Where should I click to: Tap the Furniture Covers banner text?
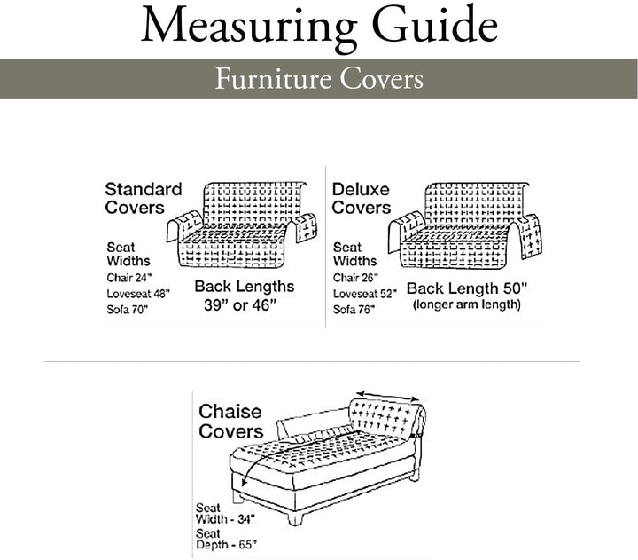click(x=319, y=79)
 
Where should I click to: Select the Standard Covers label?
click(x=144, y=198)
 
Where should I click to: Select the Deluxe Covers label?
click(x=362, y=198)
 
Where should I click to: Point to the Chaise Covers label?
click(x=230, y=421)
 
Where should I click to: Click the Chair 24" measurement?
click(x=128, y=277)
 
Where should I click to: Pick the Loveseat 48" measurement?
click(x=137, y=292)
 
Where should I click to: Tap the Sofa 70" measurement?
click(x=127, y=308)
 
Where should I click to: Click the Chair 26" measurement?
click(x=354, y=277)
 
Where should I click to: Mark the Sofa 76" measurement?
click(x=352, y=308)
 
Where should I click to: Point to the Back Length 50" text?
click(x=466, y=288)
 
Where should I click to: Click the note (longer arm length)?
click(x=466, y=305)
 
